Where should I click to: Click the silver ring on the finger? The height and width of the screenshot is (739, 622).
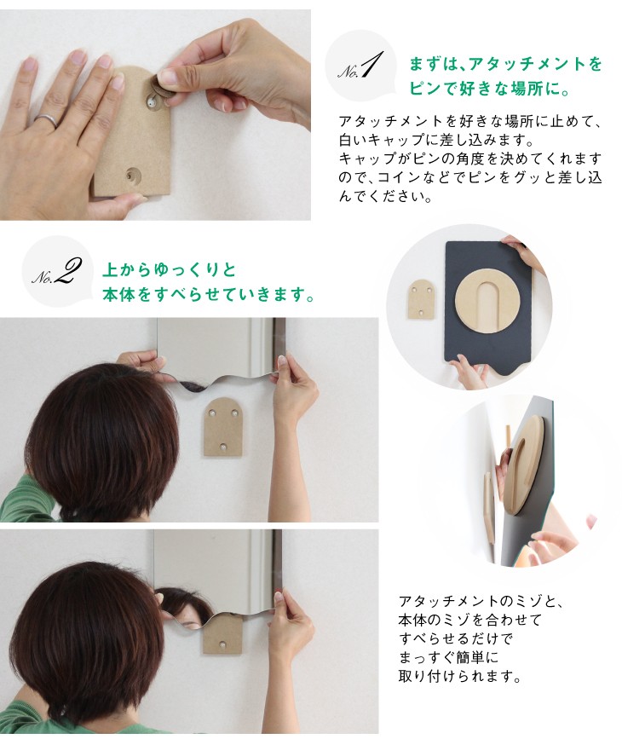point(47,121)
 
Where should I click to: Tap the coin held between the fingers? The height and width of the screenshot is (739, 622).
point(160,88)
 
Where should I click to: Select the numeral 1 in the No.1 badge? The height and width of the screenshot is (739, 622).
point(370,66)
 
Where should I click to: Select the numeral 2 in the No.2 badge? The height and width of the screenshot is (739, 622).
point(66,271)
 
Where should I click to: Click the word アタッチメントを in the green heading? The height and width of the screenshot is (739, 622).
point(536,64)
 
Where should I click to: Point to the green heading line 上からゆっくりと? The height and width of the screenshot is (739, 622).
point(170,270)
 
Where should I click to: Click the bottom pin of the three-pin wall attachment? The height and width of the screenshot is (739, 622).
point(224,446)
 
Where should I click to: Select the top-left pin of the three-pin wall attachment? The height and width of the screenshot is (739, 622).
point(212,413)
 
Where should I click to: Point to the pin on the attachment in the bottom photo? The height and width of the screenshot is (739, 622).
point(222,644)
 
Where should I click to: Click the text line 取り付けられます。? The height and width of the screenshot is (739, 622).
point(460,677)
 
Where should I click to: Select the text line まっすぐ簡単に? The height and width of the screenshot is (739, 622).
point(448,657)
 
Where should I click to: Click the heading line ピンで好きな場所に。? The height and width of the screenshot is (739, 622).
point(488,89)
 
